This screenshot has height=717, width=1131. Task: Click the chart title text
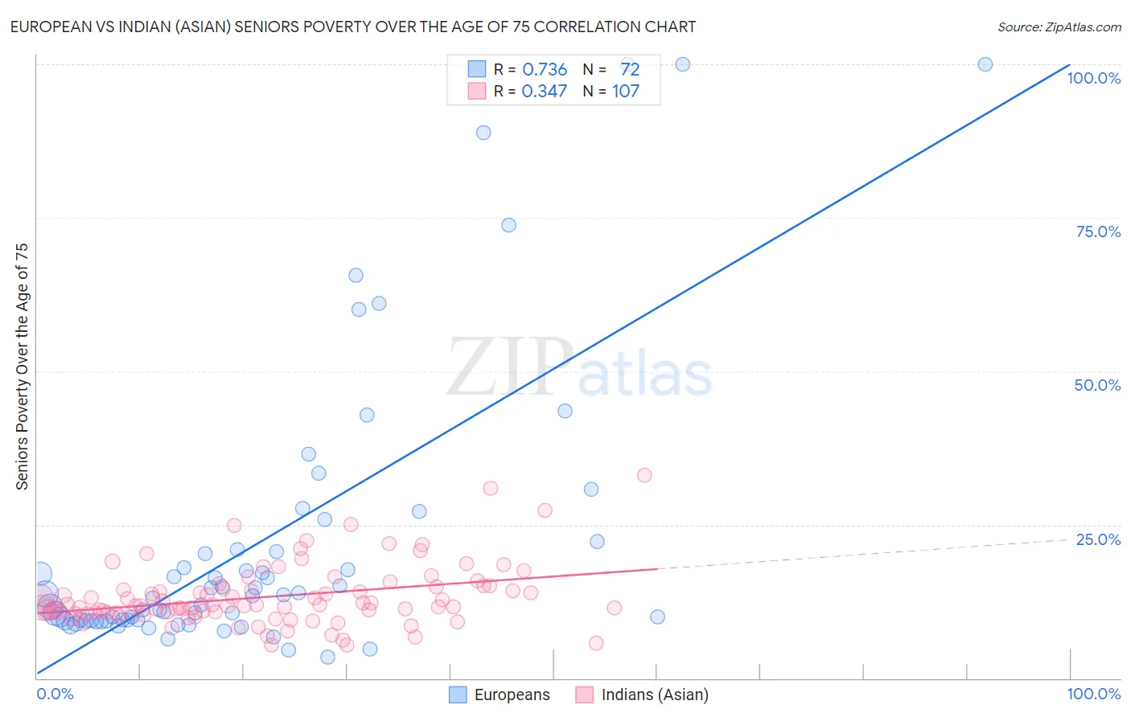tap(352, 27)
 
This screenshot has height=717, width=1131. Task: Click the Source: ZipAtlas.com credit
tap(1059, 27)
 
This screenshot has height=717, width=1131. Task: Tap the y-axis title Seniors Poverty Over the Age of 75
tap(22, 367)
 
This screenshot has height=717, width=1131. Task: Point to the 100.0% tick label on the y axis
tap(1093, 78)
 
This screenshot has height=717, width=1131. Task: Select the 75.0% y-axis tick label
tap(1098, 231)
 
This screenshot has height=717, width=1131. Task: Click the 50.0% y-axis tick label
tap(1097, 385)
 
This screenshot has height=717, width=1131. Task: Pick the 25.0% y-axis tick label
tap(1098, 539)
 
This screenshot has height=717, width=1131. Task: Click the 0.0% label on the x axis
tap(55, 694)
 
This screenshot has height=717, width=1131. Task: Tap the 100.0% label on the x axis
tap(1093, 694)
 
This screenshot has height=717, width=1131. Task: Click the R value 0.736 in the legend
tap(545, 70)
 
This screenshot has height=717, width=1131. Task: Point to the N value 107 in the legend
tap(626, 91)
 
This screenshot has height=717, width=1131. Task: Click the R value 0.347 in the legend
tap(545, 91)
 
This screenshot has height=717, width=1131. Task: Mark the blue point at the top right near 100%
tap(985, 64)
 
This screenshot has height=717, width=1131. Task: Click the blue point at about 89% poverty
tap(483, 133)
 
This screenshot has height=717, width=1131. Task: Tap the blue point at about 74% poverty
tap(508, 225)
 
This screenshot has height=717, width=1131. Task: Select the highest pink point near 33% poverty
tap(644, 475)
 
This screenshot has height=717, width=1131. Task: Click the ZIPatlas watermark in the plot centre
tap(579, 369)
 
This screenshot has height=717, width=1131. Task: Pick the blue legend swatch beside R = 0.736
tap(477, 70)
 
